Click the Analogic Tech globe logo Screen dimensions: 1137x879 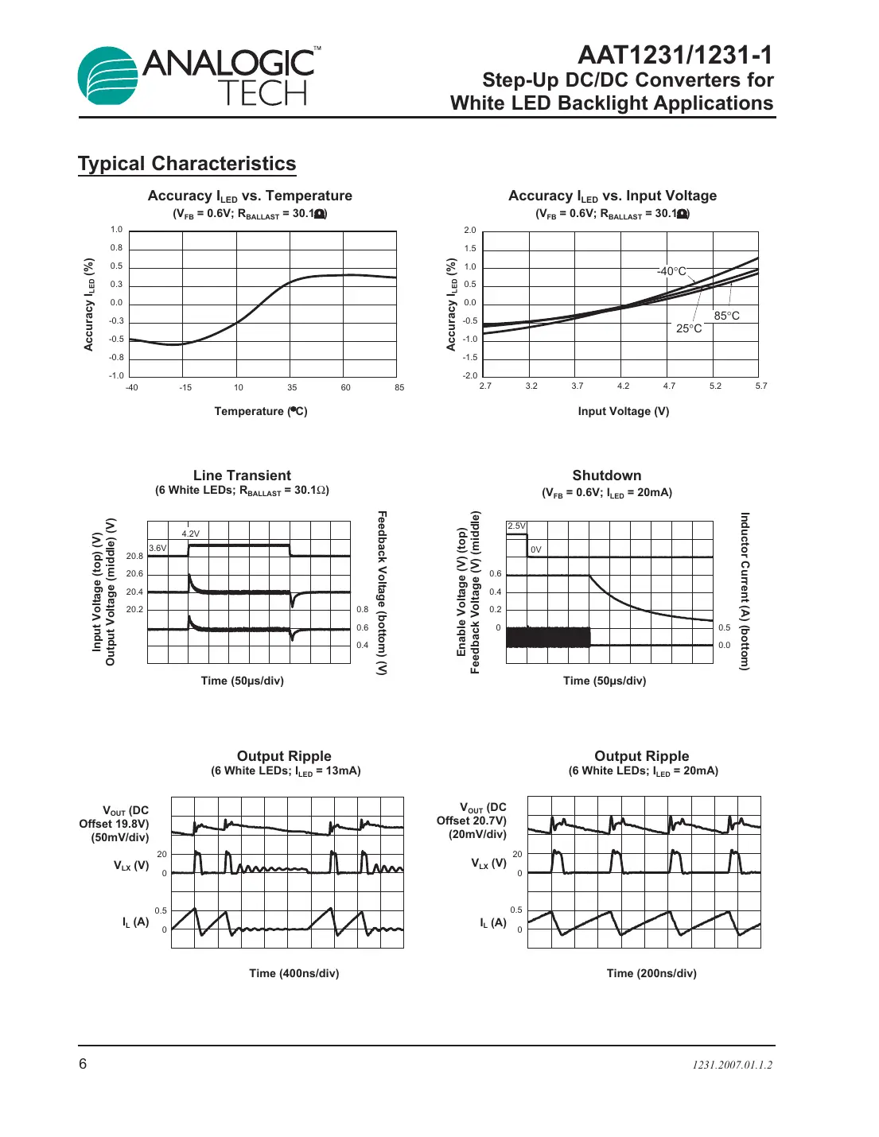108,76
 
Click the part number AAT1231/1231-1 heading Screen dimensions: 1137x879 675,55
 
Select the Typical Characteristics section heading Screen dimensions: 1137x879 187,164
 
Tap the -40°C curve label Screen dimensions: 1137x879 671,271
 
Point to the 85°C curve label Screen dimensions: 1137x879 726,316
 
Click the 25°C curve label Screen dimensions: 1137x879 689,328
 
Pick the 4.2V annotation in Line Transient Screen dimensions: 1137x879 191,534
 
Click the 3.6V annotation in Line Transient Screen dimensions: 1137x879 158,548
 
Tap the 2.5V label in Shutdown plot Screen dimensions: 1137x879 516,526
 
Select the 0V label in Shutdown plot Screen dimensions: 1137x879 536,549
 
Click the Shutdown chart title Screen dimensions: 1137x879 606,475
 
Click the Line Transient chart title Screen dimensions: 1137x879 242,475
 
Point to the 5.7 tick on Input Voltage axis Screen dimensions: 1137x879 761,386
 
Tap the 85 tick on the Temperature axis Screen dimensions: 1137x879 399,387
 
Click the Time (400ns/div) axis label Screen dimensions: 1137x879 294,973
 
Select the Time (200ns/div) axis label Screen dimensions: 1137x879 651,973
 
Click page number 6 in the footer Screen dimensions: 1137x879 83,1064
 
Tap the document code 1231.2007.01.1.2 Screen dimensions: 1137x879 732,1065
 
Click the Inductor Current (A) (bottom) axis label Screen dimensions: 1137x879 745,592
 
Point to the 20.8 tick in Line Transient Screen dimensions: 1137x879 134,556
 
